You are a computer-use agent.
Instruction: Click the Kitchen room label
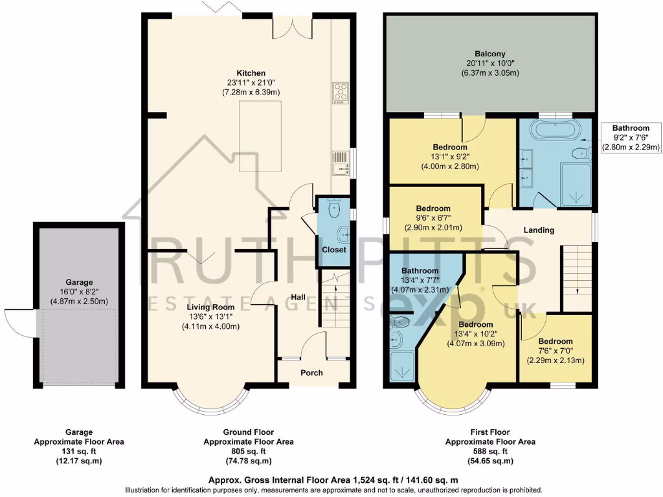click(x=251, y=73)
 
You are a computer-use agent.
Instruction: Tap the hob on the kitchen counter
click(x=340, y=93)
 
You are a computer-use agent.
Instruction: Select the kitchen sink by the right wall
click(x=340, y=163)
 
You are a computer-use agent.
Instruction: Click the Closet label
click(x=334, y=250)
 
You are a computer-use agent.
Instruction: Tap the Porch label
click(x=311, y=373)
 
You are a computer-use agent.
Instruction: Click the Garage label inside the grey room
click(x=79, y=282)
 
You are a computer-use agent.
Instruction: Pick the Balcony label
click(x=489, y=54)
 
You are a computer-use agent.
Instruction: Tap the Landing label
click(x=539, y=230)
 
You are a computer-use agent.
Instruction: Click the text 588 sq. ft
click(x=489, y=452)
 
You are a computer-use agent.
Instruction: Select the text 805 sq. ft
click(x=249, y=452)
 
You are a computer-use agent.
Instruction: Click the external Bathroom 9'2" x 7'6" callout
click(x=631, y=138)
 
